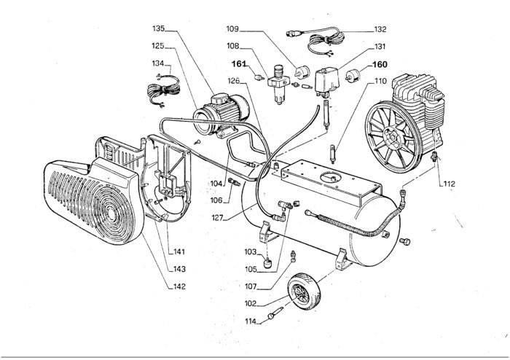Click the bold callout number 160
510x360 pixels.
click(x=380, y=64)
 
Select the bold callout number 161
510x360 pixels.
click(x=239, y=64)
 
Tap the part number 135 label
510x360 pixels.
click(x=158, y=28)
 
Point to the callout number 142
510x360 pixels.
click(x=179, y=286)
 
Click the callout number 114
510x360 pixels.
click(x=251, y=321)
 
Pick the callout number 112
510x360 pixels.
click(x=450, y=184)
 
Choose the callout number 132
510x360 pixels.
click(x=380, y=30)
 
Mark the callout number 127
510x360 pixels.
click(x=217, y=218)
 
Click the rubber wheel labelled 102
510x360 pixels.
click(x=304, y=291)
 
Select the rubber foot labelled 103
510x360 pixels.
click(x=267, y=262)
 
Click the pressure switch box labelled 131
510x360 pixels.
click(x=327, y=80)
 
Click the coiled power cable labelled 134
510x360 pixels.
click(x=163, y=90)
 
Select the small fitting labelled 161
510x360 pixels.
click(x=258, y=78)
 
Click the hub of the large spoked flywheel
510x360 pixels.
click(x=393, y=136)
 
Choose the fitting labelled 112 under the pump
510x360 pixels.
click(x=433, y=155)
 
